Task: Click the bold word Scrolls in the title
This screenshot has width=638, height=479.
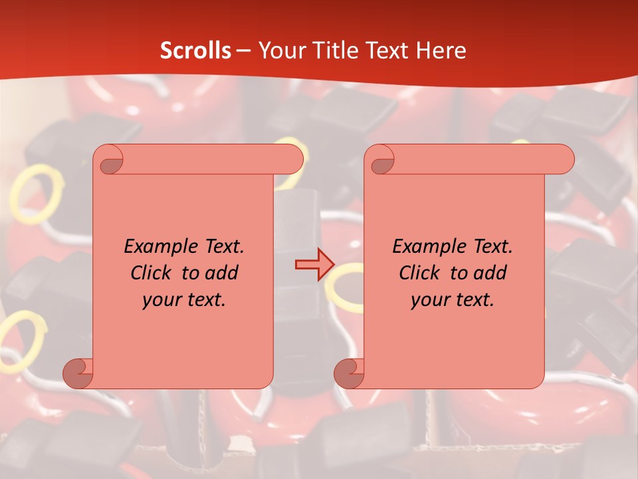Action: click(x=195, y=51)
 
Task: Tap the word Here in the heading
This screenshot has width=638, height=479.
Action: click(x=441, y=51)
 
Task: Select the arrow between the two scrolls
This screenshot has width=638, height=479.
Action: click(x=314, y=265)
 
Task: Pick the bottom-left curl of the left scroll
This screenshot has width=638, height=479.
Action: click(x=77, y=373)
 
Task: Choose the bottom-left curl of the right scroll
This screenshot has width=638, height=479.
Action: click(x=348, y=373)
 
